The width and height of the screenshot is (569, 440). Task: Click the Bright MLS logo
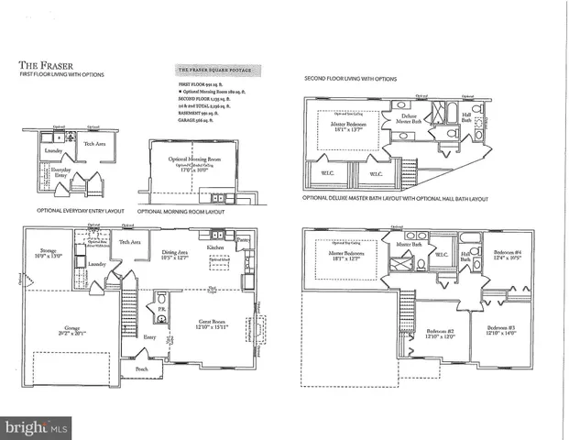(x=36, y=427)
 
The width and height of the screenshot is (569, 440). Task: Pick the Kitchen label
(x=215, y=247)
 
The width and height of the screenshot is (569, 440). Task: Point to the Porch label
(x=142, y=369)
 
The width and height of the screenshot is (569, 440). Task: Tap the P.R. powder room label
(x=160, y=310)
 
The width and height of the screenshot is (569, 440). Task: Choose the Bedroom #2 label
(x=441, y=333)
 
